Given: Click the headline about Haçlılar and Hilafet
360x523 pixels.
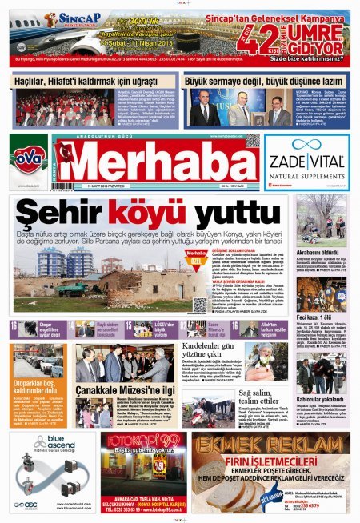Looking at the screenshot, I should (x=88, y=82).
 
